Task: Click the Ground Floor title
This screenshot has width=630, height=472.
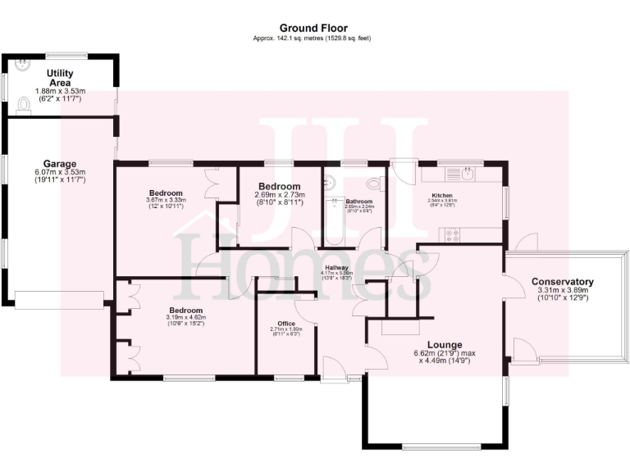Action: (314, 28)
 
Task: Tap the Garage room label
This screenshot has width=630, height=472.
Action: (60, 164)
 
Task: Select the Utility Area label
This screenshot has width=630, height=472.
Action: (60, 78)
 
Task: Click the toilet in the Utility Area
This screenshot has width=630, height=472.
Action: (22, 105)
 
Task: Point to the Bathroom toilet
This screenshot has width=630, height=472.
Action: (374, 183)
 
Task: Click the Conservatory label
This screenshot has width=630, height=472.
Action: (562, 282)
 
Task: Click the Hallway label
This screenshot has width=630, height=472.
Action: (336, 268)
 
